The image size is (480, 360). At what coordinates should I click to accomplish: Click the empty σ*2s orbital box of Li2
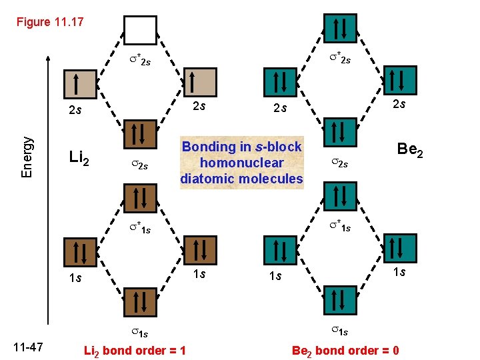click(140, 29)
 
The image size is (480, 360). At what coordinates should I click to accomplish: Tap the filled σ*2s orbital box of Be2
click(339, 29)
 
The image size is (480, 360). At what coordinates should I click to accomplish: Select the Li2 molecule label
click(84, 159)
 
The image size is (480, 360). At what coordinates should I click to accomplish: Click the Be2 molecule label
click(411, 149)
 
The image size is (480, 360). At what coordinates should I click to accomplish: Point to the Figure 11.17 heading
click(51, 22)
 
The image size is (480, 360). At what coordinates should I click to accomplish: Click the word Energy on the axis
click(27, 157)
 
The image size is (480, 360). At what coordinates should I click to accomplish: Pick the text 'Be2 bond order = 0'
click(345, 351)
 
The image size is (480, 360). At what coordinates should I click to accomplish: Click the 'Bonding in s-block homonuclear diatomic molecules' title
click(241, 163)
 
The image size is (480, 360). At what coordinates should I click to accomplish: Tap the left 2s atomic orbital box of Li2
click(78, 84)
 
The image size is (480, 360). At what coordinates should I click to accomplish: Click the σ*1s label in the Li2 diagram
click(139, 230)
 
